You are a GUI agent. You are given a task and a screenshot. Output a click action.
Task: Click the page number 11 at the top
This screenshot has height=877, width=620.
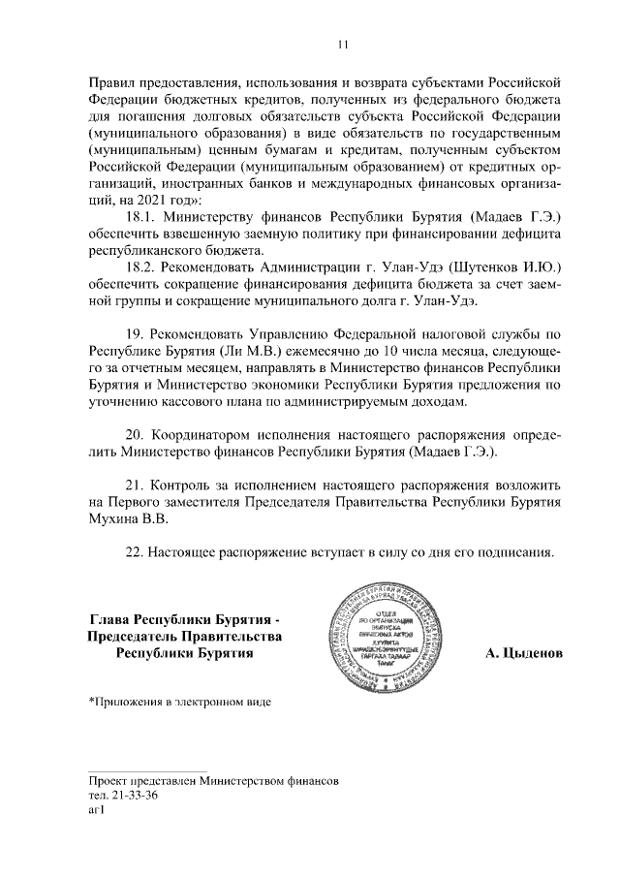341,44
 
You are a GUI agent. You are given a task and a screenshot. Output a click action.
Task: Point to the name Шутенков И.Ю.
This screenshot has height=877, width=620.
501,266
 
